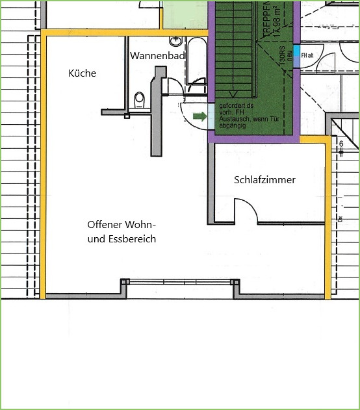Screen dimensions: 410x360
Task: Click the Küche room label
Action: coord(83,73)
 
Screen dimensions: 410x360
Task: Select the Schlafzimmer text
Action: coord(264,179)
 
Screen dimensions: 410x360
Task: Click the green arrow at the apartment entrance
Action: coord(200,117)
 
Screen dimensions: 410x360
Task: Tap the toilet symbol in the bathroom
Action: coord(138,100)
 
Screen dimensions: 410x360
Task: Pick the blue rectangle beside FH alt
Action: coord(296,55)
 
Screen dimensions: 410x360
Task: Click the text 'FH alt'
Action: coord(307,55)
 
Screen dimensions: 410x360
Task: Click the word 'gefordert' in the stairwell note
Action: coord(230,105)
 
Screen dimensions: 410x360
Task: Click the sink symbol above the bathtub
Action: coord(175,39)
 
